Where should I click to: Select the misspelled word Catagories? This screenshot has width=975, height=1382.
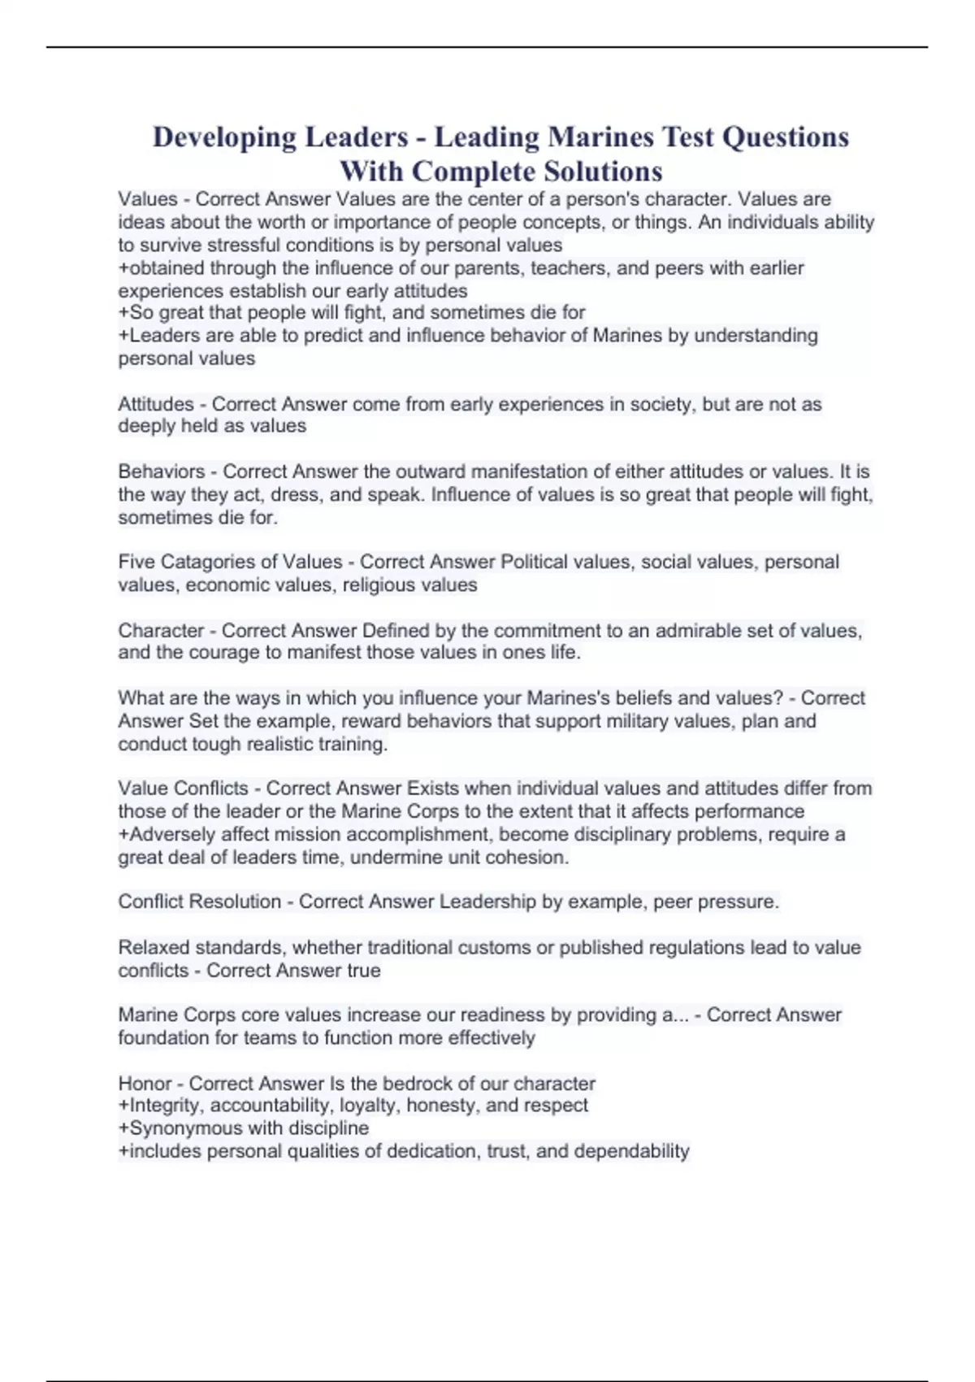211,562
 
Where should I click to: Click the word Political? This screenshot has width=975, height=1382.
538,562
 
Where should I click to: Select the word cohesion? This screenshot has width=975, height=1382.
534,857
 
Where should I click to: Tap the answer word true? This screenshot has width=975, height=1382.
363,970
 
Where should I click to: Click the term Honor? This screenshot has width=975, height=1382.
145,1083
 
